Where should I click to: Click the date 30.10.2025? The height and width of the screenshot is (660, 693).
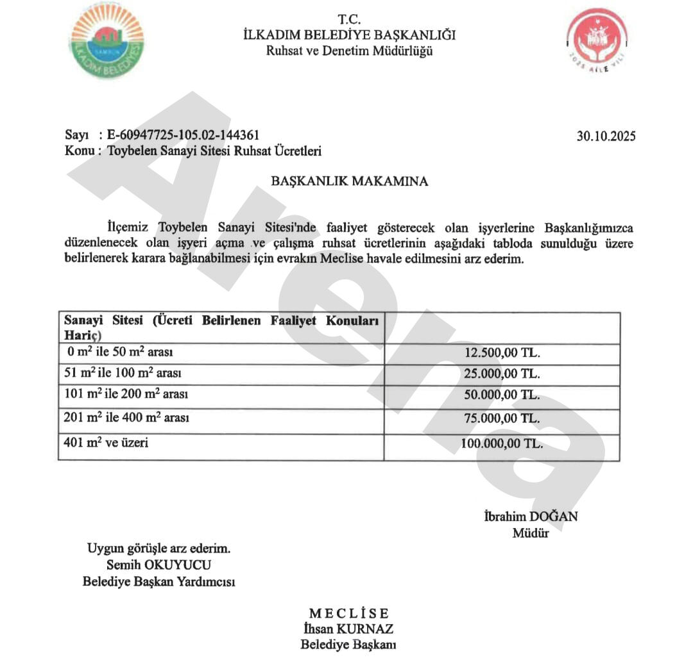tap(606, 136)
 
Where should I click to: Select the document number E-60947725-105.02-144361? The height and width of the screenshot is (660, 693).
tap(183, 135)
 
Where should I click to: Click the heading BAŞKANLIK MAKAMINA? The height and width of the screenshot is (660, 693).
tap(350, 181)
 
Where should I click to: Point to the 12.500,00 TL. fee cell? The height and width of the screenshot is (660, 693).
tap(502, 354)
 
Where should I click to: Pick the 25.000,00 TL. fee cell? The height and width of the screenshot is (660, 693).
tap(502, 374)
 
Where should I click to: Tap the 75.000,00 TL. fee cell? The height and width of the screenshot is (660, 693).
tap(502, 418)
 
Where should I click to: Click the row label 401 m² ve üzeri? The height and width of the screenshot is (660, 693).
tap(106, 442)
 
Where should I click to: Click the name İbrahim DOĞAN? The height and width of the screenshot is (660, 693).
tap(531, 516)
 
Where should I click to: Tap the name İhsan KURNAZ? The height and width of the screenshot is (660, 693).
tap(348, 629)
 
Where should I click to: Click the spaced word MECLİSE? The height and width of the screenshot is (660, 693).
tap(348, 614)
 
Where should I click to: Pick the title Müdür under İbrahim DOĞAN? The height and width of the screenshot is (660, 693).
tap(531, 532)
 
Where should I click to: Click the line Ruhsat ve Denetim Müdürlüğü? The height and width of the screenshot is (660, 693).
tap(349, 51)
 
